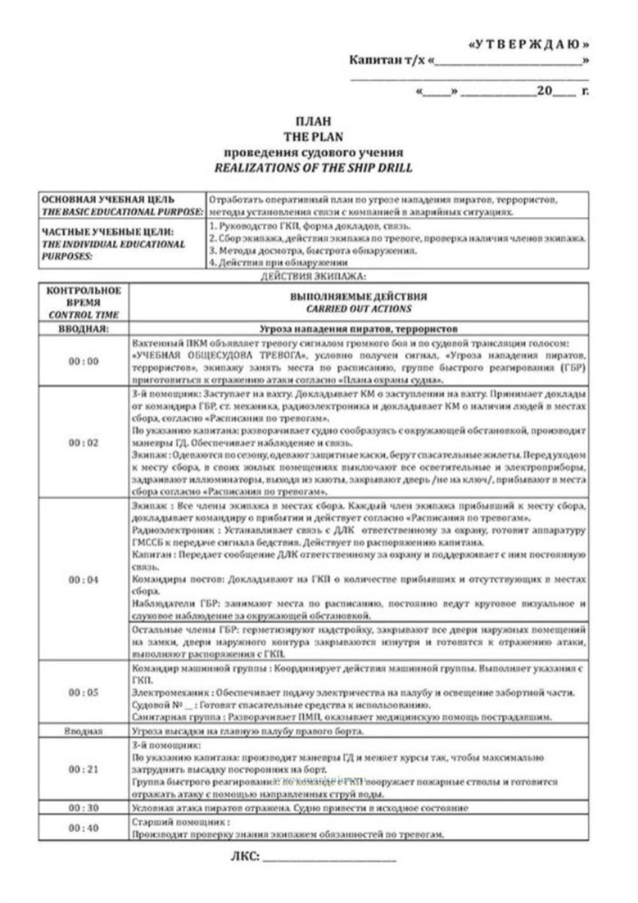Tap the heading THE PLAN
coord(313,137)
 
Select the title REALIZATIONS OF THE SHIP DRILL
coord(313,168)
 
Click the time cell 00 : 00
coord(83,361)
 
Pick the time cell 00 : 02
coord(83,442)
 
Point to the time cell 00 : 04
coord(83,580)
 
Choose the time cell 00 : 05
coord(83,692)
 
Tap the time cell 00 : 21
coord(83,769)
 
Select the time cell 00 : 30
coord(83,808)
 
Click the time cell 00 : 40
coord(83,827)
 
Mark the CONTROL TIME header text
coord(83,315)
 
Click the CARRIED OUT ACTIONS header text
coord(359,309)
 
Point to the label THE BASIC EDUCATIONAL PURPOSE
coord(122,212)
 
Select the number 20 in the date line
coord(544,91)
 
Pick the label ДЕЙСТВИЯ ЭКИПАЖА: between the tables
coord(313,277)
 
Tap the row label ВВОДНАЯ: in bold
coord(83,329)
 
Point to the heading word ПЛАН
coord(313,121)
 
